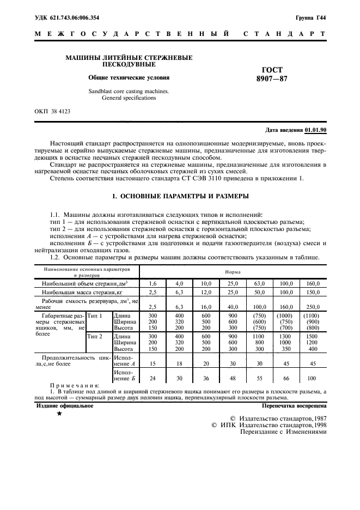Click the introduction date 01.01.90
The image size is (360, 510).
click(x=315, y=130)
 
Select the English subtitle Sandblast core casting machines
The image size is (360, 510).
click(x=129, y=91)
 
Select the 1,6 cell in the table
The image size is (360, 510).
click(x=152, y=284)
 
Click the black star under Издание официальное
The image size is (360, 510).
click(x=59, y=415)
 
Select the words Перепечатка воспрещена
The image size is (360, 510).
click(x=294, y=406)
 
